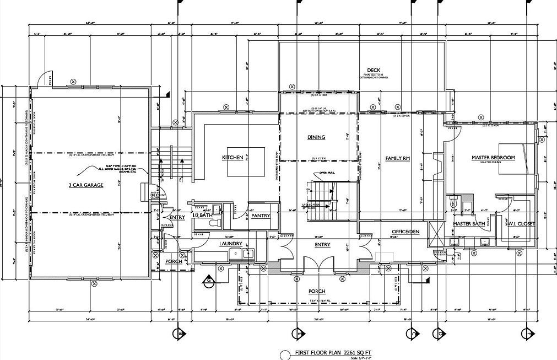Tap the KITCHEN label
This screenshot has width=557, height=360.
232,158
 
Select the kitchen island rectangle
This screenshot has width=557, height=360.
245,162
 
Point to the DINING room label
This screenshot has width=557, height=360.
316,137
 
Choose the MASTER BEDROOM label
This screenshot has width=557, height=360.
493,158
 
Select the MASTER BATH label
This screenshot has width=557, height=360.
468,224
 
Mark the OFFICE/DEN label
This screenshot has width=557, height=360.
405,232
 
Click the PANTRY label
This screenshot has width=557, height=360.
260,216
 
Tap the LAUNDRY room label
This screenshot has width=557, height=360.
231,243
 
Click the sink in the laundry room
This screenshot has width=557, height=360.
247,254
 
